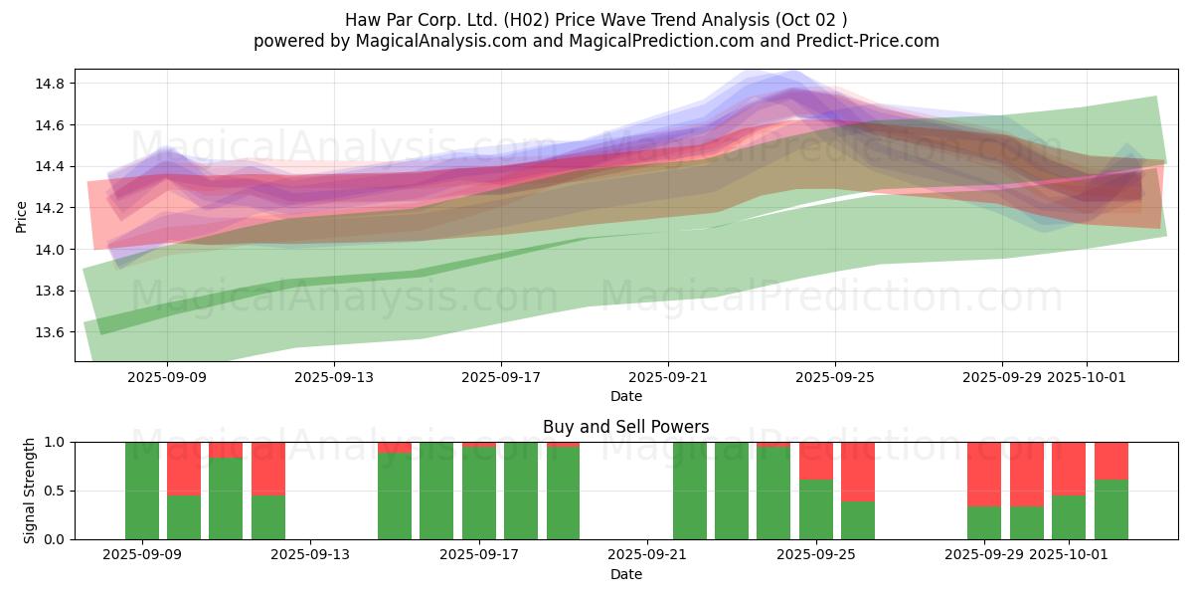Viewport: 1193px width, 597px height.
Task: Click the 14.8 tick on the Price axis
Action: [x=50, y=84]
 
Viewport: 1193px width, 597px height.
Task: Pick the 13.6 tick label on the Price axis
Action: [x=50, y=332]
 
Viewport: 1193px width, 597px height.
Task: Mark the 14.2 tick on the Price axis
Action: [x=50, y=208]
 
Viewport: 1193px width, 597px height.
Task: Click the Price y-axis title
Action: [x=22, y=215]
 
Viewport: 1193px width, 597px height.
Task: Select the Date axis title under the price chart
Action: [x=626, y=396]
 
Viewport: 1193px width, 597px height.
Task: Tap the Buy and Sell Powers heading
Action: [x=626, y=427]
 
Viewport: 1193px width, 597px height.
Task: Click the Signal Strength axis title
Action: [x=30, y=491]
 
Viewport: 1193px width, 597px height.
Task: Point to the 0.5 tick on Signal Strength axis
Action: [x=53, y=491]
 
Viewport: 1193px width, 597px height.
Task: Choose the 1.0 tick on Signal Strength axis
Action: [x=53, y=442]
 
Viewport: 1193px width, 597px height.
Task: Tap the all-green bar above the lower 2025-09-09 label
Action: [x=142, y=491]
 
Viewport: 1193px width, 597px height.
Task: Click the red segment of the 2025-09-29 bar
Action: [x=984, y=474]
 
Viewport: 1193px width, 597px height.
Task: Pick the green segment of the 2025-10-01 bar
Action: [x=1069, y=517]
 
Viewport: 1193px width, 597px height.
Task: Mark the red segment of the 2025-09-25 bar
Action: [x=816, y=461]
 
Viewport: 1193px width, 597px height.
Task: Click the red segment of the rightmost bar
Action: [x=1111, y=461]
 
